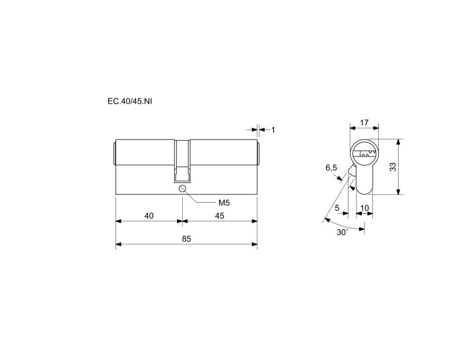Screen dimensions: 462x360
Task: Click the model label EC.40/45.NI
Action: tap(130, 102)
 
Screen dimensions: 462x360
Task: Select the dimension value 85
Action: tap(186, 239)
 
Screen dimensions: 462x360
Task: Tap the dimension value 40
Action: tap(148, 216)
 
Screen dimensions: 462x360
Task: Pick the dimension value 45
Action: tap(220, 216)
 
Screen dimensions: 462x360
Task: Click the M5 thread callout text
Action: tap(224, 203)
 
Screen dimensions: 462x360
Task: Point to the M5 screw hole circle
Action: tap(182, 188)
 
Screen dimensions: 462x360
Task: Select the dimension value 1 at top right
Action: tap(273, 129)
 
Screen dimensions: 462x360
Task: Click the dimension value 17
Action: tap(364, 123)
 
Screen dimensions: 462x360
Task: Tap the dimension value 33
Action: tap(393, 167)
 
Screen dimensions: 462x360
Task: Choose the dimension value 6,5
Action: tap(331, 168)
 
